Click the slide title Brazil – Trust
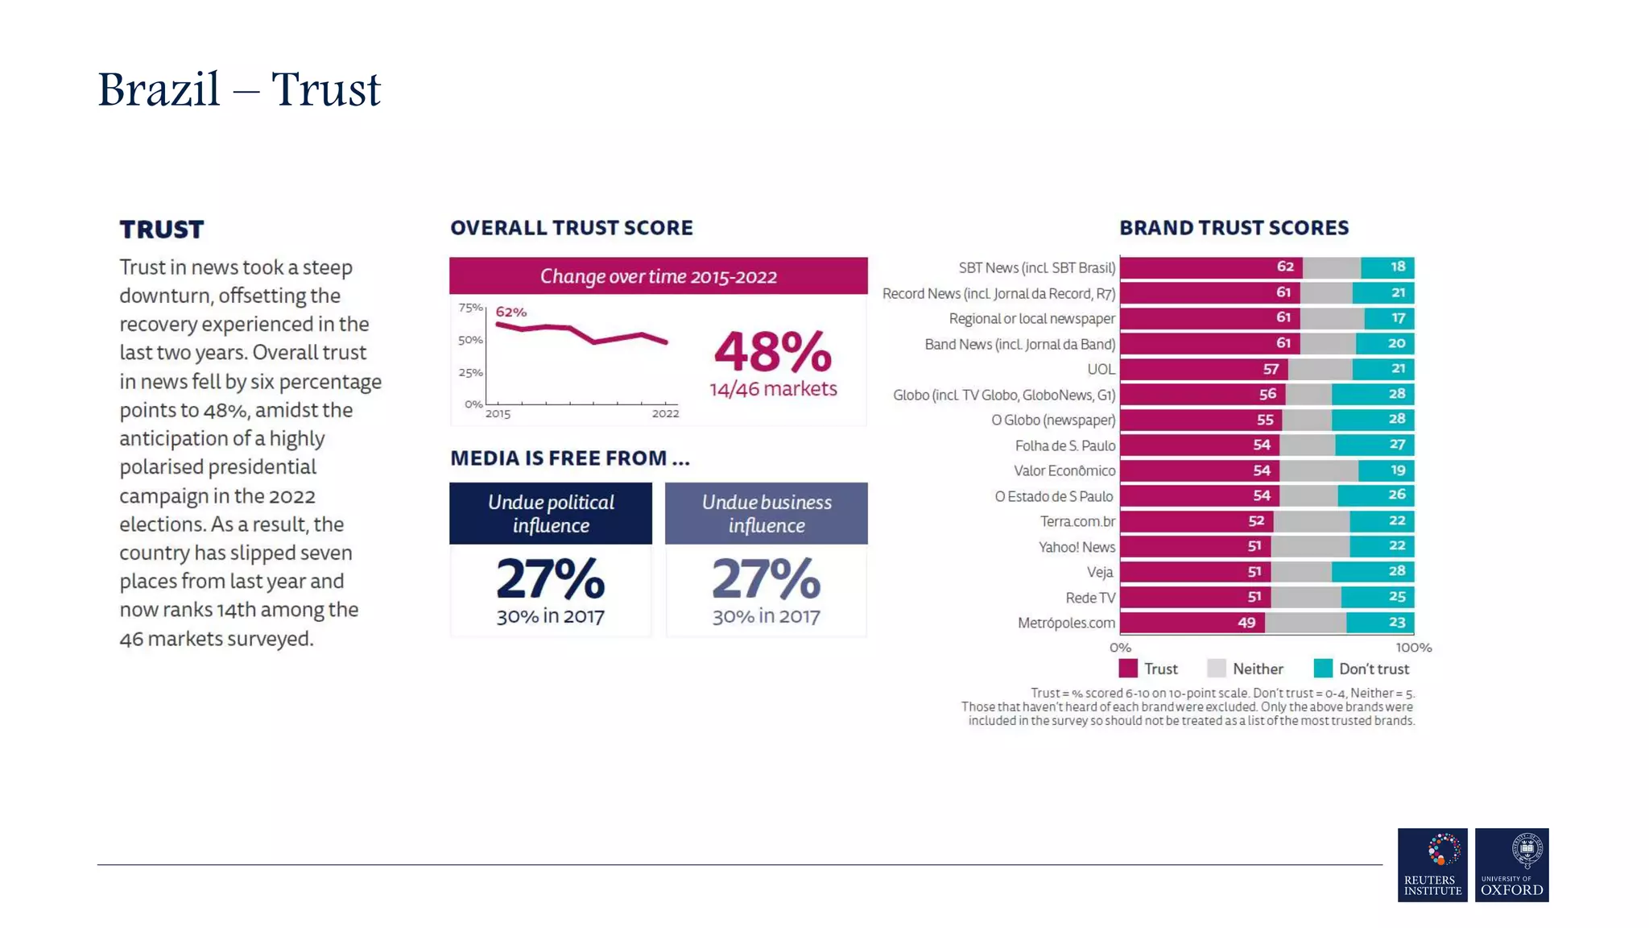(x=238, y=89)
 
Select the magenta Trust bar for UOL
(x=1203, y=369)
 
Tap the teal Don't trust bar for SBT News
(x=1387, y=267)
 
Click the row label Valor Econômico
(x=1064, y=470)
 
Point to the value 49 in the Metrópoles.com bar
(x=1246, y=623)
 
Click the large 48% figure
(x=772, y=352)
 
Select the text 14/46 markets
(x=772, y=389)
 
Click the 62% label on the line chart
(x=510, y=312)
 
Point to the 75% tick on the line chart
(x=469, y=308)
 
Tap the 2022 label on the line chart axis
(x=665, y=414)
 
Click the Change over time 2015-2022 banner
(x=658, y=276)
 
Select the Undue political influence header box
(x=551, y=513)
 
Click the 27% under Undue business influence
(x=766, y=579)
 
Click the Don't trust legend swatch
(x=1323, y=669)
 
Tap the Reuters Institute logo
(x=1432, y=864)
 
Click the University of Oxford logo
(x=1511, y=864)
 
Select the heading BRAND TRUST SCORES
(x=1234, y=228)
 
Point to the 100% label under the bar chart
(x=1413, y=648)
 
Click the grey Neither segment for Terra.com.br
(x=1311, y=521)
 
